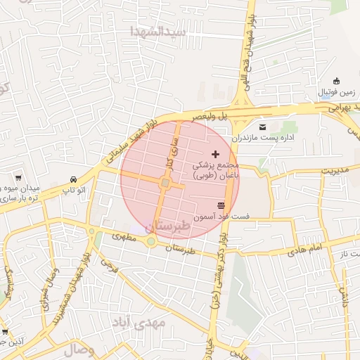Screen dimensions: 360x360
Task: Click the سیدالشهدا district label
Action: tap(157, 32)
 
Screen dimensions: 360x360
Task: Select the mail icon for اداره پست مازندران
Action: tap(263, 127)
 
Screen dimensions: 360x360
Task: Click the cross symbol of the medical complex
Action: tap(215, 153)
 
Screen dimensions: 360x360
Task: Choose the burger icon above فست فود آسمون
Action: tap(221, 205)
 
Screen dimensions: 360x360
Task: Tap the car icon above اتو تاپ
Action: tap(74, 179)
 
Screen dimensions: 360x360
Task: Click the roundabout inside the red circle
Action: tap(165, 184)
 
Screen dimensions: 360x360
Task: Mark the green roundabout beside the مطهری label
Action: tap(150, 242)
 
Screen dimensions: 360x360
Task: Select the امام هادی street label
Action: tap(304, 247)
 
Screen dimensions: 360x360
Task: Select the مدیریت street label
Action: tap(335, 169)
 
